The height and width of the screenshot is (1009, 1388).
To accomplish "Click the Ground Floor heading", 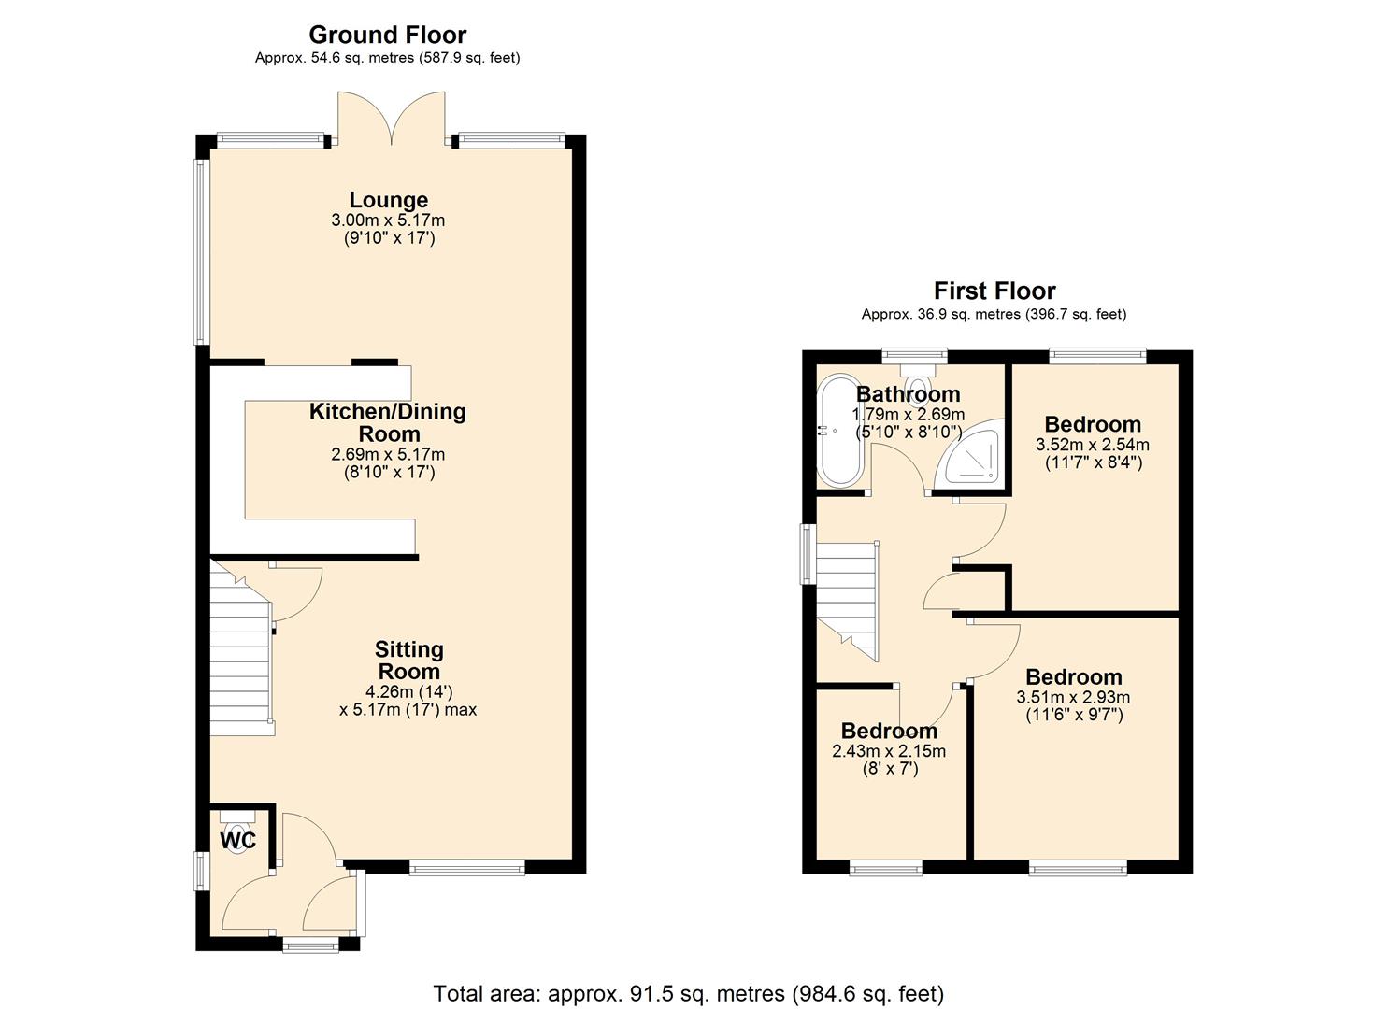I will pyautogui.click(x=387, y=36).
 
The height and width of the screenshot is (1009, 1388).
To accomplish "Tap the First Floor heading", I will pyautogui.click(x=994, y=291).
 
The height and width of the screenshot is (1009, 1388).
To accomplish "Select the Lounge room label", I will pyautogui.click(x=388, y=200).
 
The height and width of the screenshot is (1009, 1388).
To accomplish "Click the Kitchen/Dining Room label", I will pyautogui.click(x=388, y=422).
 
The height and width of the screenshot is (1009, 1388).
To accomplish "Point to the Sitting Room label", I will pyautogui.click(x=408, y=660).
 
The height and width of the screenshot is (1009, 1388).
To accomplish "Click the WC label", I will pyautogui.click(x=237, y=841).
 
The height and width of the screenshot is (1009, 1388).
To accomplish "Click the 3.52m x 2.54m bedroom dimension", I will pyautogui.click(x=1092, y=445).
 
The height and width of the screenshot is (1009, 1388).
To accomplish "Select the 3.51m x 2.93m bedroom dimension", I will pyautogui.click(x=1072, y=697).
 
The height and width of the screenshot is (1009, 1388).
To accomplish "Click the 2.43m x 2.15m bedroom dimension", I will pyautogui.click(x=888, y=751).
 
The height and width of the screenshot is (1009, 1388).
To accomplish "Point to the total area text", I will pyautogui.click(x=688, y=993).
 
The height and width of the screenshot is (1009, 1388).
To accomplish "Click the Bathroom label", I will pyautogui.click(x=908, y=393).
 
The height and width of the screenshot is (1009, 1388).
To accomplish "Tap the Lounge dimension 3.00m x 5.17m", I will pyautogui.click(x=388, y=220).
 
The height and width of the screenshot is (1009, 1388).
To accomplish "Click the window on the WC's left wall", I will pyautogui.click(x=200, y=871).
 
